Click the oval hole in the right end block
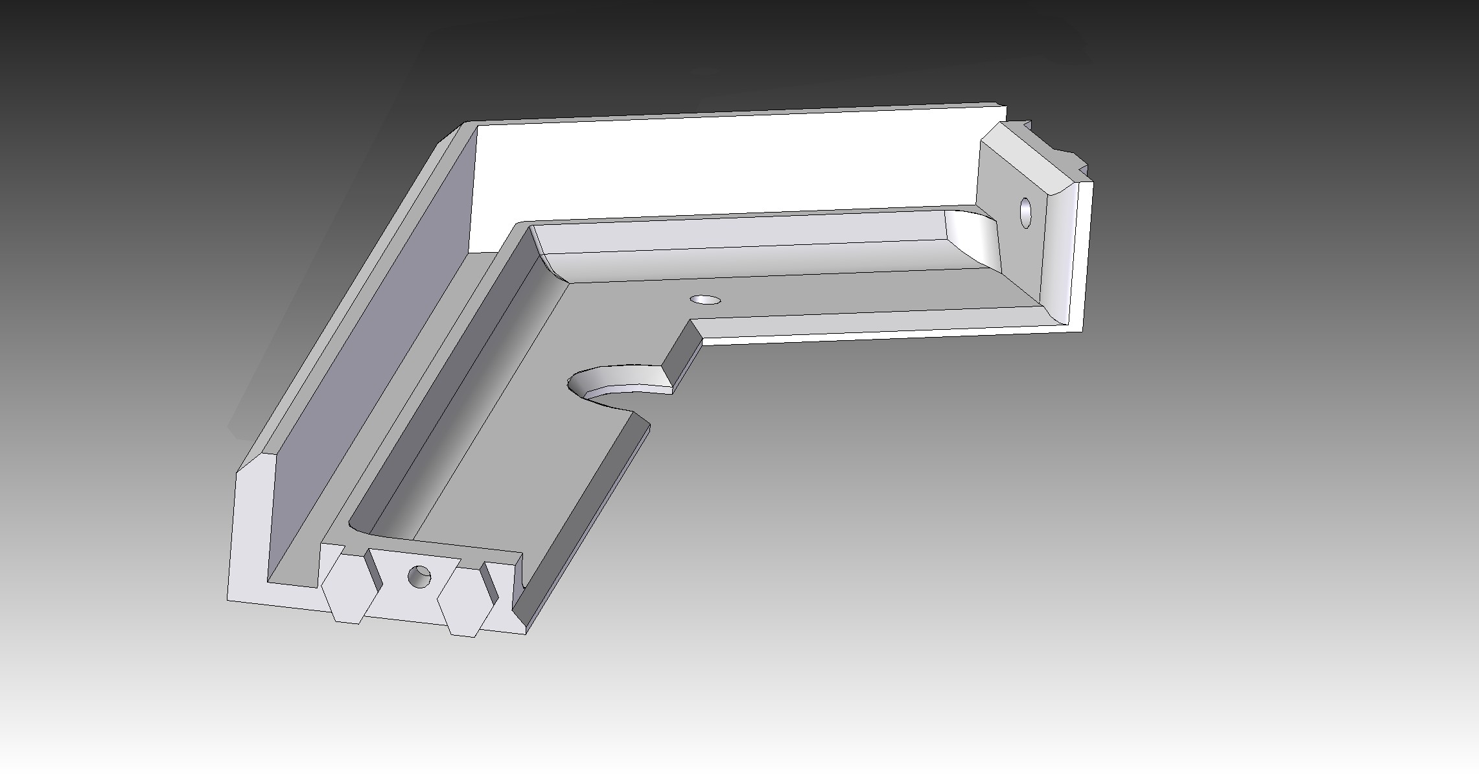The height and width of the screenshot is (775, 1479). pyautogui.click(x=1026, y=213)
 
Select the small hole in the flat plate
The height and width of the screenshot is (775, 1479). pyautogui.click(x=706, y=300)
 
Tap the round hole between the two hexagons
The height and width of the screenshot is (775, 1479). pyautogui.click(x=419, y=575)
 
